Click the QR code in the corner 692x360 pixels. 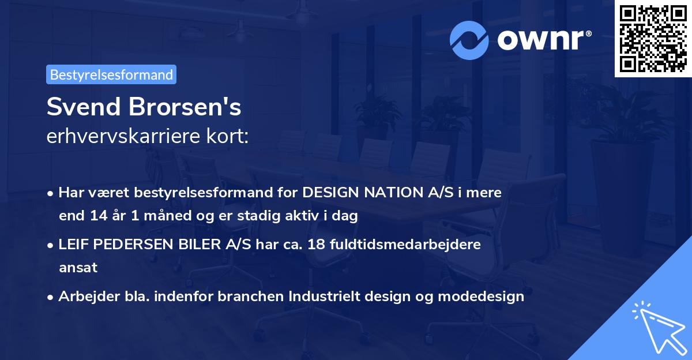tap(653, 38)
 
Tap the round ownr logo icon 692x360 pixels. tap(469, 40)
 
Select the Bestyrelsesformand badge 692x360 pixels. tap(111, 74)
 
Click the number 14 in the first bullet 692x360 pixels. tap(95, 216)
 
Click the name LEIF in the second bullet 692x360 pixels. tap(74, 244)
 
